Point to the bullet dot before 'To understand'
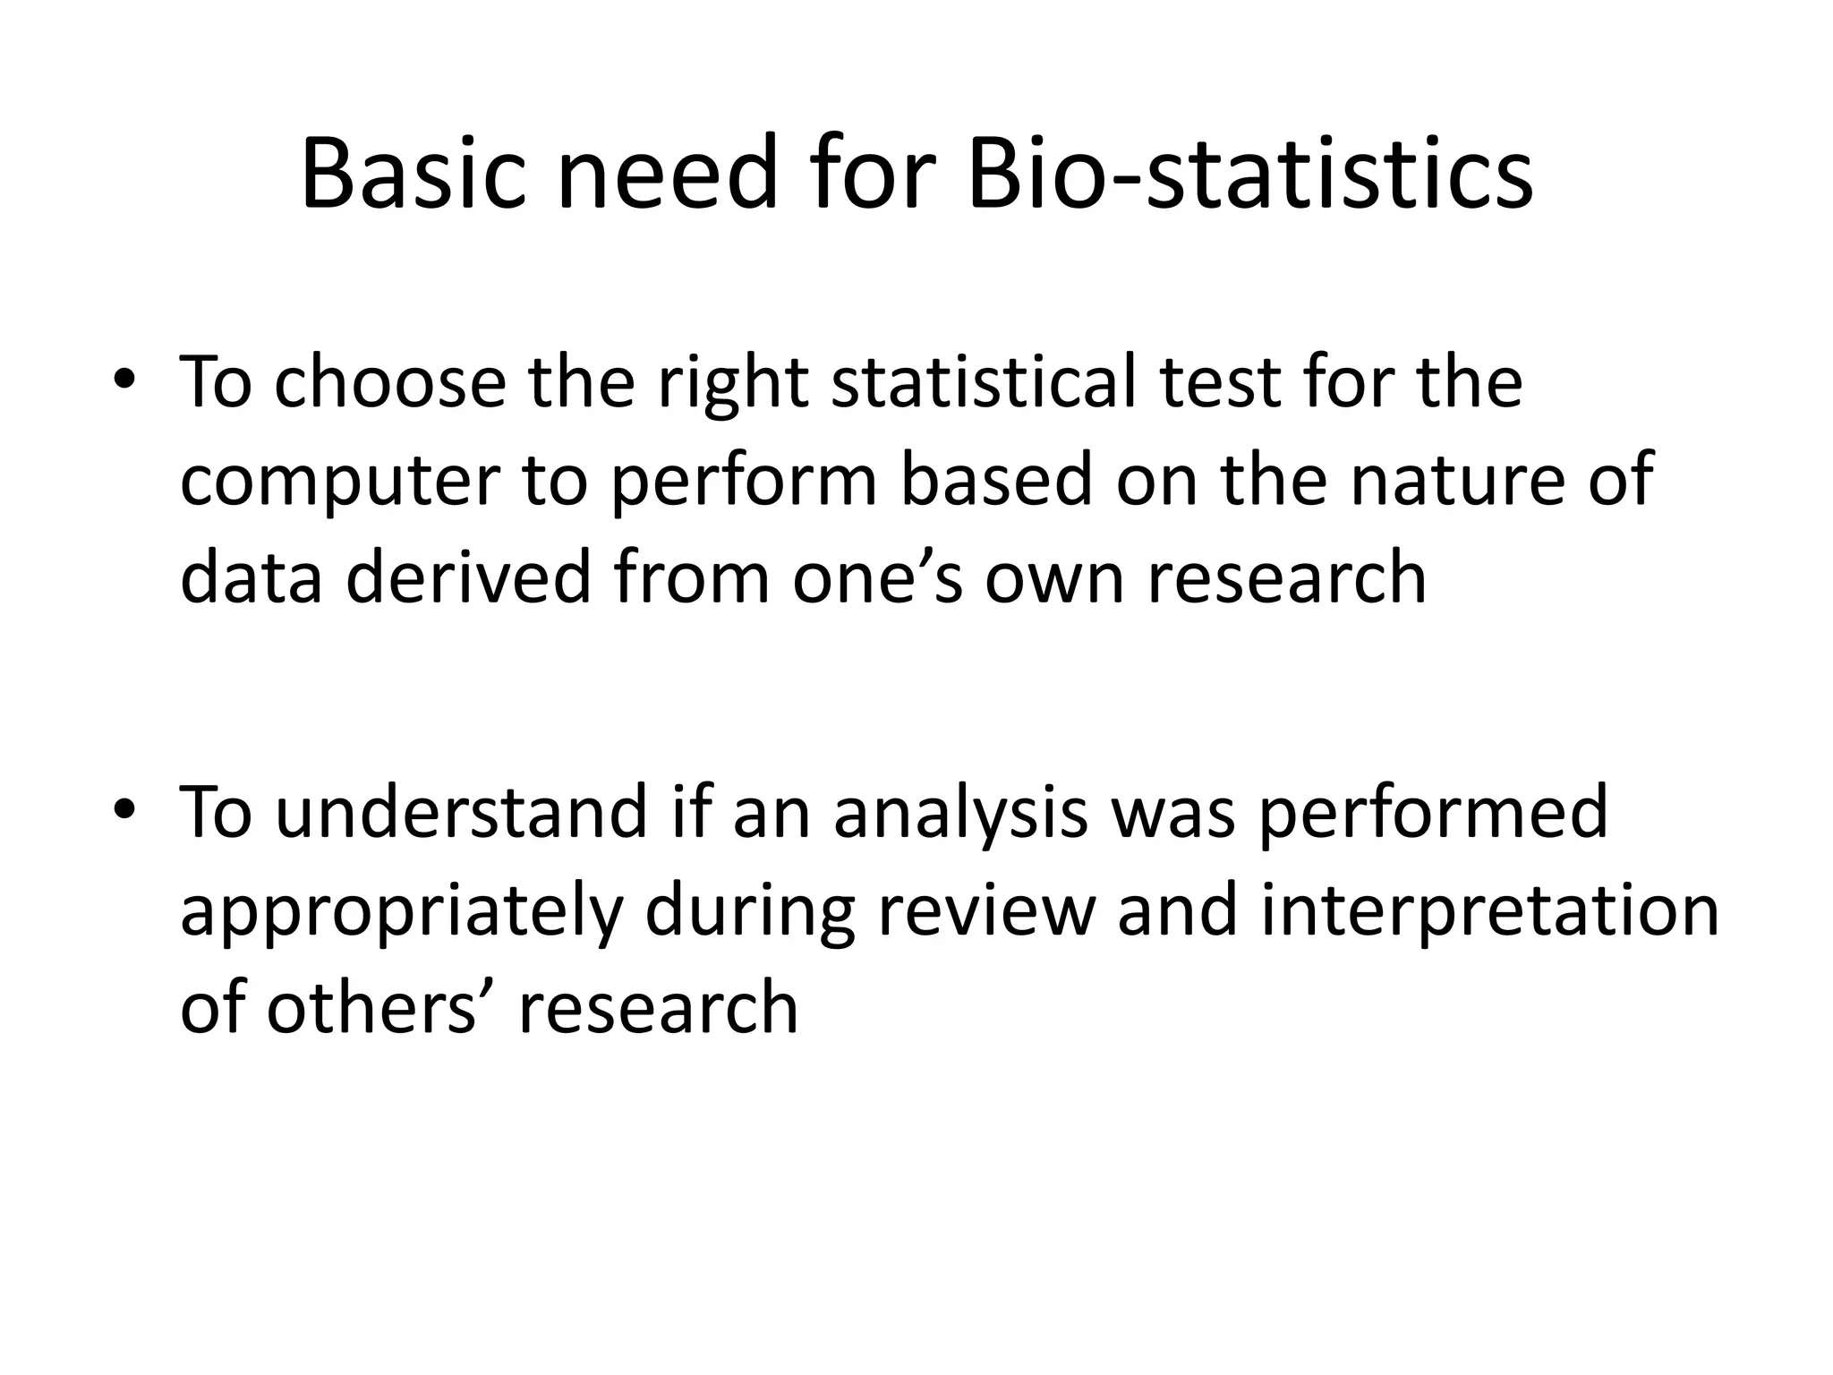pos(124,809)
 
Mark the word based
pos(996,480)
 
